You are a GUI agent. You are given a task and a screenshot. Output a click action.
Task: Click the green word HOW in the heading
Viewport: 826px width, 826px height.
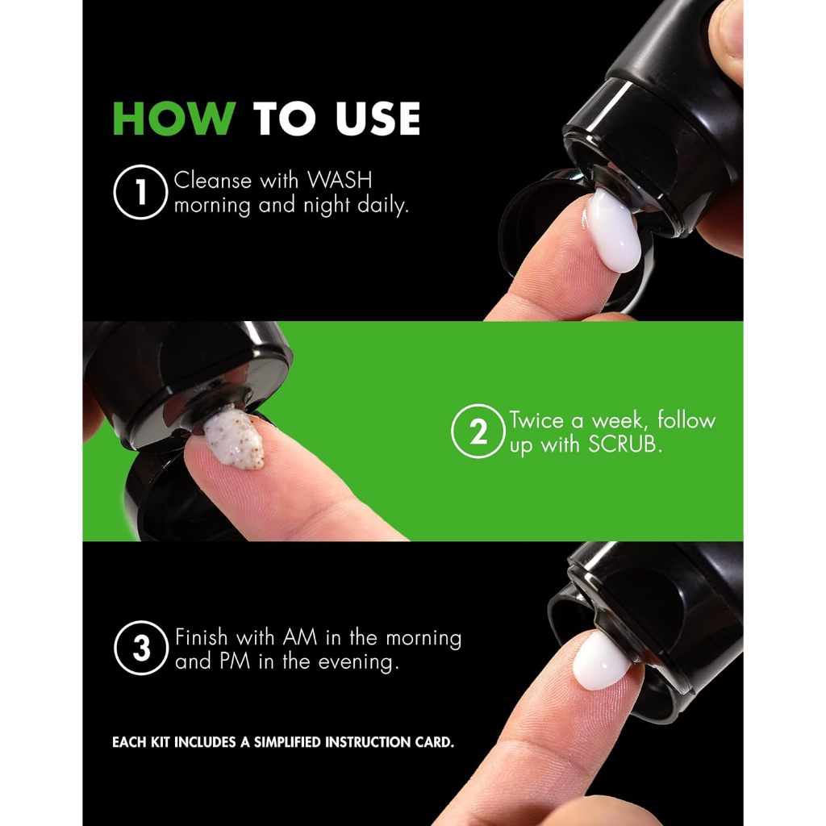(174, 119)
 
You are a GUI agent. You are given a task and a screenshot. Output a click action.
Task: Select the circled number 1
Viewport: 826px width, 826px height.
(140, 192)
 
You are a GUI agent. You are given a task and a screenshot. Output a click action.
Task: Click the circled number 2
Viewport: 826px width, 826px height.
(478, 432)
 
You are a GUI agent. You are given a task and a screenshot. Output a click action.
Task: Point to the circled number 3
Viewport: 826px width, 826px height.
(141, 648)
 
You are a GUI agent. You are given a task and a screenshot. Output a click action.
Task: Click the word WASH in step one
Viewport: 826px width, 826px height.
(340, 181)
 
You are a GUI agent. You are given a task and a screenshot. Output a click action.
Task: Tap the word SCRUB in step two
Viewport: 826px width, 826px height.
(624, 444)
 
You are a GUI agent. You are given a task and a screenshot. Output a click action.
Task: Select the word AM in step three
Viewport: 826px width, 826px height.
(300, 638)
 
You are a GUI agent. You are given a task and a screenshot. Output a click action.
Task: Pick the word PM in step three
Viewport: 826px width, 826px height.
(235, 661)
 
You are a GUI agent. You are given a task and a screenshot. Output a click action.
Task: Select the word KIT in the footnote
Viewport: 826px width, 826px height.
(161, 743)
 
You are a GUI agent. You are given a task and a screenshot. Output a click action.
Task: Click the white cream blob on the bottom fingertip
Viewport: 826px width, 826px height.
(601, 661)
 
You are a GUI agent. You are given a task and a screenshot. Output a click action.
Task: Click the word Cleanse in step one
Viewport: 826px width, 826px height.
(213, 181)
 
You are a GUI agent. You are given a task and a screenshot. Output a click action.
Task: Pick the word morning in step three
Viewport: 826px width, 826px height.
(423, 639)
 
